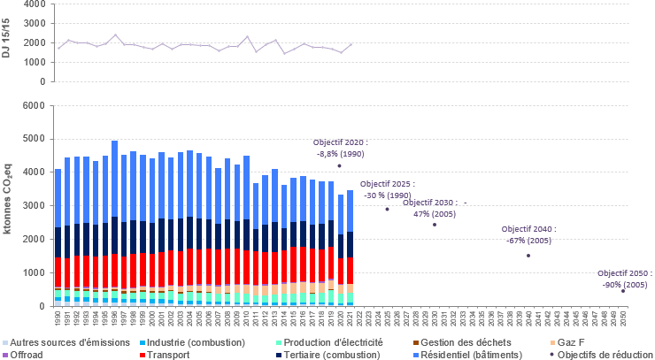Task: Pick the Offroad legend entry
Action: (25, 354)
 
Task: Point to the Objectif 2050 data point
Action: (623, 290)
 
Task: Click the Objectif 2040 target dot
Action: (528, 256)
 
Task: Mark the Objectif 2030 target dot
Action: (435, 224)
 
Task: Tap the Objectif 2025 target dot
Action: (387, 209)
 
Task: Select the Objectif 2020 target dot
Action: (339, 165)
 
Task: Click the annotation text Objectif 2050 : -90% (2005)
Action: (625, 279)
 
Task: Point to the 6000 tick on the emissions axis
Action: (33, 105)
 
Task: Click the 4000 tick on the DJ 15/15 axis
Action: (33, 4)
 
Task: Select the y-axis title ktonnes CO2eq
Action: (8, 205)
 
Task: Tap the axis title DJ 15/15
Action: (7, 42)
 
